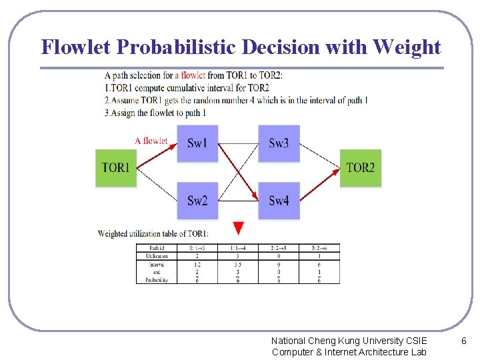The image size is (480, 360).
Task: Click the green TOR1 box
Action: pyautogui.click(x=116, y=167)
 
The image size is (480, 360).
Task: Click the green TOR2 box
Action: pyautogui.click(x=361, y=167)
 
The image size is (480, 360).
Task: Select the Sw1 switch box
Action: pyautogui.click(x=197, y=143)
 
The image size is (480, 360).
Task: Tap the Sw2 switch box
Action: pyautogui.click(x=197, y=201)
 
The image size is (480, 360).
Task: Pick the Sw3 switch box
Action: pyautogui.click(x=279, y=143)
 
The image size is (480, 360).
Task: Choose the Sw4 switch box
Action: pyautogui.click(x=279, y=201)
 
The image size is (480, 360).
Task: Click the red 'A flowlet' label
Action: pyautogui.click(x=151, y=141)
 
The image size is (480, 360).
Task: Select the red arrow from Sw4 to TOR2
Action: pyautogui.click(x=321, y=184)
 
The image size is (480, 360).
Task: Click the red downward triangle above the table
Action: pyautogui.click(x=239, y=228)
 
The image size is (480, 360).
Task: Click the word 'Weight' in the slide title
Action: pyautogui.click(x=407, y=47)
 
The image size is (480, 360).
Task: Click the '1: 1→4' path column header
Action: pyautogui.click(x=238, y=248)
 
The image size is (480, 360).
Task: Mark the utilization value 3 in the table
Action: pyautogui.click(x=238, y=255)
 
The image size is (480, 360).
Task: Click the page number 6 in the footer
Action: pyautogui.click(x=465, y=341)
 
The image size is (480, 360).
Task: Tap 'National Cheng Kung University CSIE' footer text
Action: pyautogui.click(x=349, y=341)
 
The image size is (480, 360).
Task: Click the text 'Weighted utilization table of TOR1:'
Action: pyautogui.click(x=153, y=233)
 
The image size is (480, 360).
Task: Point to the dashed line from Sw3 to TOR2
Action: pyautogui.click(x=320, y=155)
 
